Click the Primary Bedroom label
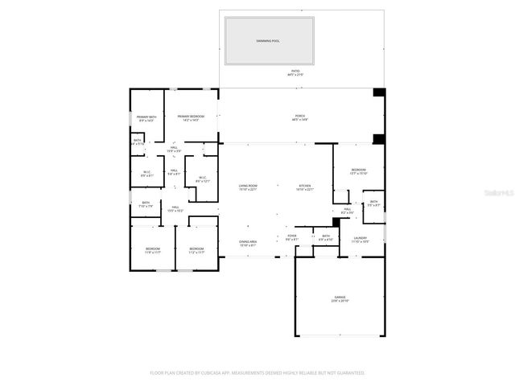point(191,118)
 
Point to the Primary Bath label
point(146,119)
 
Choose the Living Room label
point(247,187)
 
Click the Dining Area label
point(247,243)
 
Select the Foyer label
point(292,238)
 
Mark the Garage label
point(340,298)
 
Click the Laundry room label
point(360,239)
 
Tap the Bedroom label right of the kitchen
point(358,171)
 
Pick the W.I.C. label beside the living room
point(201,179)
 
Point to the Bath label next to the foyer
point(326,238)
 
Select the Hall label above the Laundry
point(348,211)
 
